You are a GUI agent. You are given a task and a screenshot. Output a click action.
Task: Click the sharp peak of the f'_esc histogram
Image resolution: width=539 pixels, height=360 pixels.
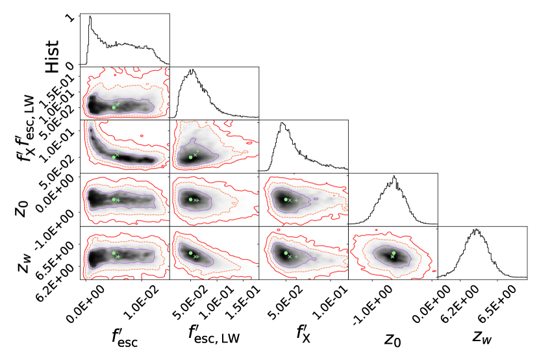tap(90, 18)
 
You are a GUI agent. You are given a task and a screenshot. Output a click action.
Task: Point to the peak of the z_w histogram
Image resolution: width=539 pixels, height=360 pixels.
tap(476, 229)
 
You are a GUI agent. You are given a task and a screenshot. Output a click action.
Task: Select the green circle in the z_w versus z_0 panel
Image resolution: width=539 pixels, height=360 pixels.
tap(394, 253)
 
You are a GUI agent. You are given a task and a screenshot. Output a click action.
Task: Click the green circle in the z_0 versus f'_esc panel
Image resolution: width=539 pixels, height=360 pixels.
tap(114, 199)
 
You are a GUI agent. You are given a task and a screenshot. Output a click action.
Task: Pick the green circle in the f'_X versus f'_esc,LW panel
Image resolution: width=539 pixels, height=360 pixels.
tap(190, 157)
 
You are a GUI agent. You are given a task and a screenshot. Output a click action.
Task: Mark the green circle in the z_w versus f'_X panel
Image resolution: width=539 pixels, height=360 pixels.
tap(285, 252)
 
